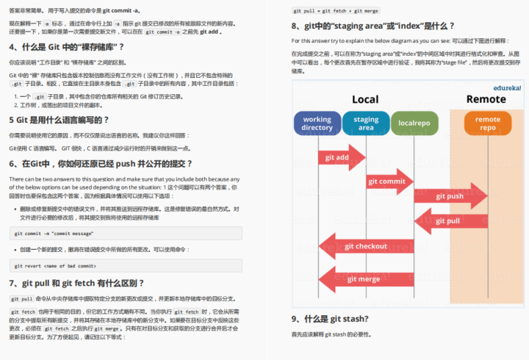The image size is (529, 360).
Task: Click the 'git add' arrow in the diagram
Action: point(340,156)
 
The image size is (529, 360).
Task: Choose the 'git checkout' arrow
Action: point(365,246)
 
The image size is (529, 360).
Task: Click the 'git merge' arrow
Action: point(365,278)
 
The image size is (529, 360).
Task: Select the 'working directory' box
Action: point(317,123)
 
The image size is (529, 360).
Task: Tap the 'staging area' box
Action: point(366,123)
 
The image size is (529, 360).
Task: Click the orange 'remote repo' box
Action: point(488,123)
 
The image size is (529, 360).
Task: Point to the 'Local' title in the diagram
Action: point(365,99)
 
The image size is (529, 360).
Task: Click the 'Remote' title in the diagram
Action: point(486,99)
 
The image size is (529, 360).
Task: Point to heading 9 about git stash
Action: point(330,318)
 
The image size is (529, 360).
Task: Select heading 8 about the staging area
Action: point(373,26)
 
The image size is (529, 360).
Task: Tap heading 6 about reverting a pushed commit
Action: point(101,164)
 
